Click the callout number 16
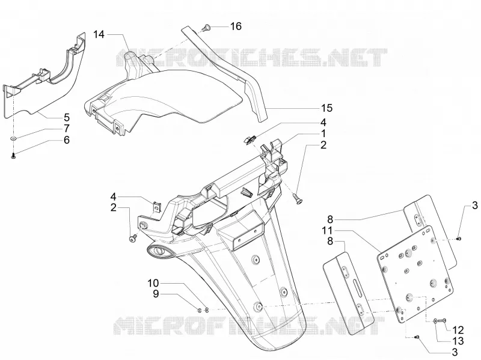coord(236,26)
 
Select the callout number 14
coord(99,34)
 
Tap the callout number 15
coord(326,108)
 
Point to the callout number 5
coord(67,117)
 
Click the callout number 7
coord(67,129)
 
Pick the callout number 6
coord(67,140)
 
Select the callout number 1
coord(323,133)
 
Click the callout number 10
coord(153,282)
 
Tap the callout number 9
coord(156,294)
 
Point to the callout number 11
coord(328,230)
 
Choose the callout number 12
coord(458,330)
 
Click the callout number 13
coord(458,341)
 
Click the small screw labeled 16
coord(206,28)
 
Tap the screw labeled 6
coord(13,156)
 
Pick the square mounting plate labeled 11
coord(415,274)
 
